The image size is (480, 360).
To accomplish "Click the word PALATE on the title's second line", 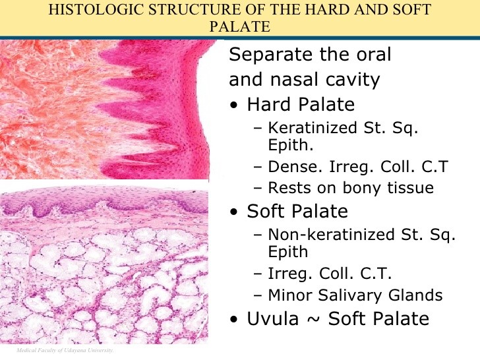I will (240, 27).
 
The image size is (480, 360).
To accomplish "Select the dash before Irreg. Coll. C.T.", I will (256, 274).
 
